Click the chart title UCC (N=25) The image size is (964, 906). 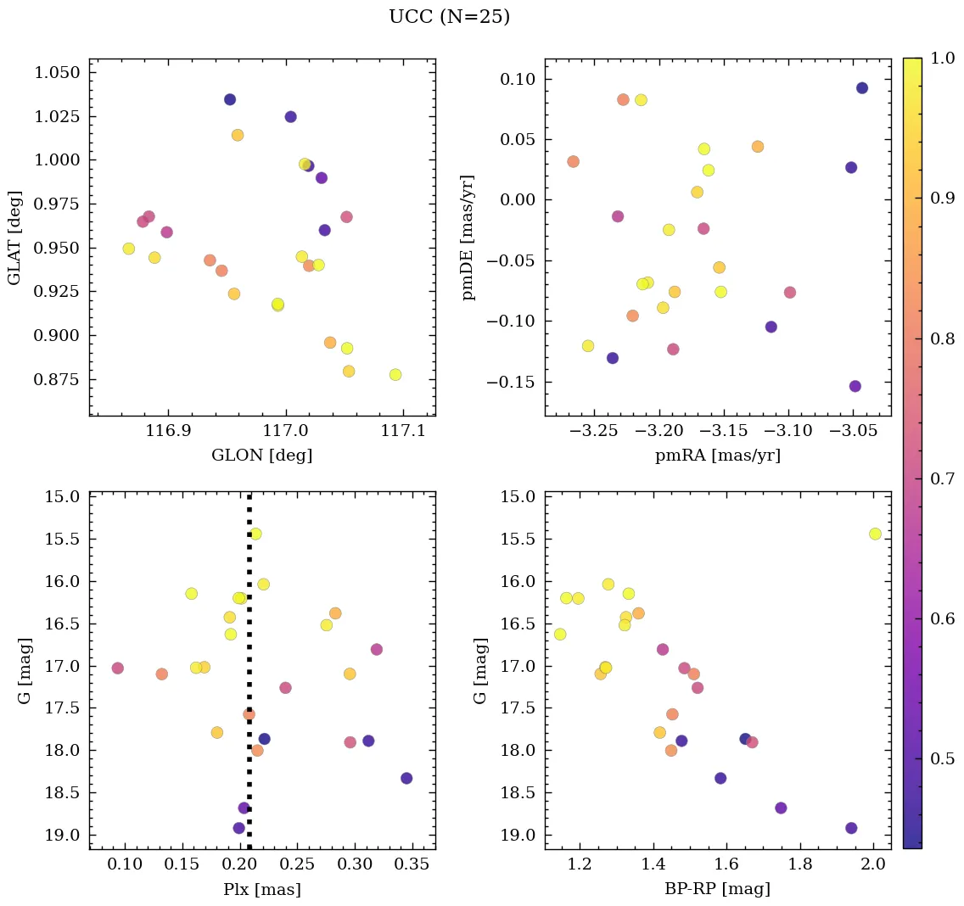tap(449, 18)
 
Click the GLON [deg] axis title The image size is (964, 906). tap(261, 456)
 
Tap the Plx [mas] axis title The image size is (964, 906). tap(261, 889)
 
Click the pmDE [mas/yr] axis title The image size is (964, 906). tap(468, 238)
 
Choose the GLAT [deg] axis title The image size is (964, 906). tap(14, 238)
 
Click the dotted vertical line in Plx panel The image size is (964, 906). tap(249, 645)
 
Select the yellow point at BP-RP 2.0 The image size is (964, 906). tap(875, 534)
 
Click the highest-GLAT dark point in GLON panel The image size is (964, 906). tap(230, 99)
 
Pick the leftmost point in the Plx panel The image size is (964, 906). tap(117, 668)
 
